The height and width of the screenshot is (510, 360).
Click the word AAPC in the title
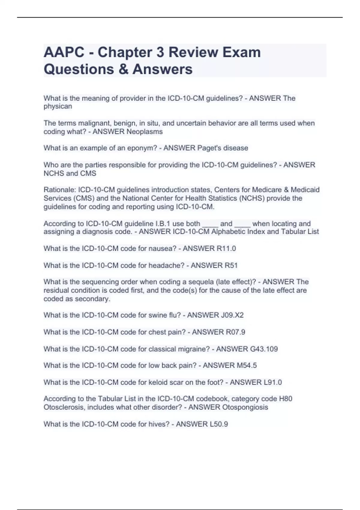[64, 52]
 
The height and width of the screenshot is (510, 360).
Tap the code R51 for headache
[231, 265]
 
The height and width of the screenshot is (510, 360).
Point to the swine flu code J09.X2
[232, 315]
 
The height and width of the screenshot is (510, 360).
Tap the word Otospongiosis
[245, 407]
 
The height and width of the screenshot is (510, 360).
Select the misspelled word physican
[58, 106]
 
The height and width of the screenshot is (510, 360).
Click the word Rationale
[60, 190]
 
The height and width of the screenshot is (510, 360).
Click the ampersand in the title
[123, 69]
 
